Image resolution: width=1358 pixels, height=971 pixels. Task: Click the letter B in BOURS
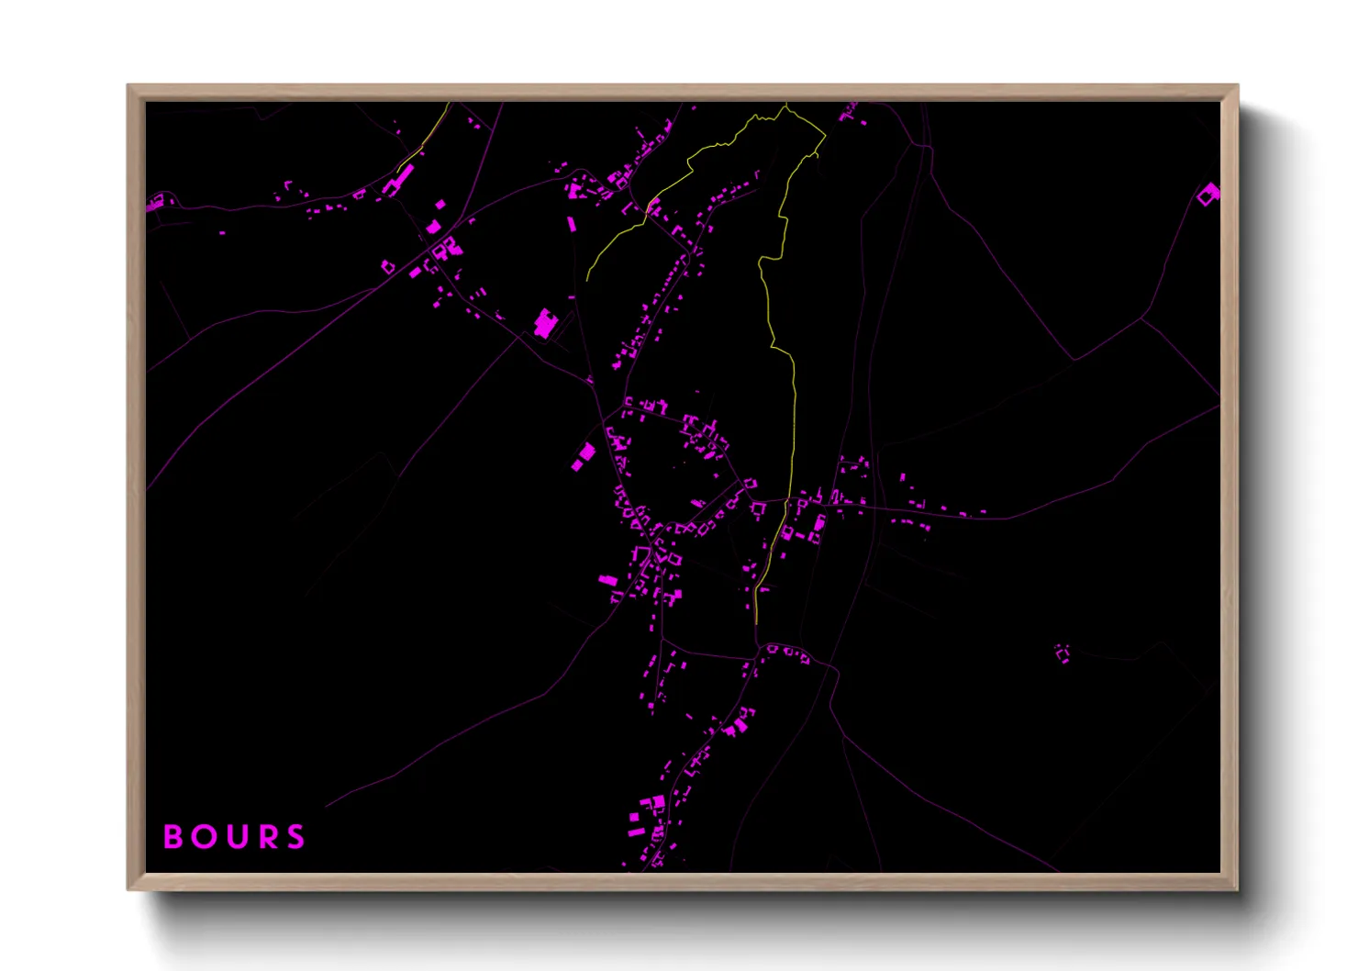point(172,837)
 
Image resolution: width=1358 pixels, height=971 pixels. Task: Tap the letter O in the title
point(202,837)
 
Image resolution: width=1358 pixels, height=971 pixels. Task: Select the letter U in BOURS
point(234,837)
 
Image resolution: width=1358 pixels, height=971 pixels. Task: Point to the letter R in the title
point(265,837)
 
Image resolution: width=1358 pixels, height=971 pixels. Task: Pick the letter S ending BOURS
point(295,837)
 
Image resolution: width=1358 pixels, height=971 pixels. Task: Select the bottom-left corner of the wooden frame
point(128,888)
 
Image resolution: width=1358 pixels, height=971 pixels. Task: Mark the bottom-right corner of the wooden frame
point(1237,888)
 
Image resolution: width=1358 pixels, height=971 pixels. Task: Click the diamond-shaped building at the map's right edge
point(1208,194)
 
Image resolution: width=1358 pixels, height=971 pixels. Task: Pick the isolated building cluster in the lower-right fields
point(1063,653)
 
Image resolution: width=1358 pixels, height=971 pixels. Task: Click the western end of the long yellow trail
point(587,279)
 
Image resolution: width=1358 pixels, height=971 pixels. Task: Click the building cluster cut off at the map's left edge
point(157,201)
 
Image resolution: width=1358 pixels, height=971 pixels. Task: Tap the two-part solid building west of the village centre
point(584,456)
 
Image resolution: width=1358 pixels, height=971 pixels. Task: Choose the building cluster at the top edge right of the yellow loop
point(849,113)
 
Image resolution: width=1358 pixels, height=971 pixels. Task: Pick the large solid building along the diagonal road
point(545,323)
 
